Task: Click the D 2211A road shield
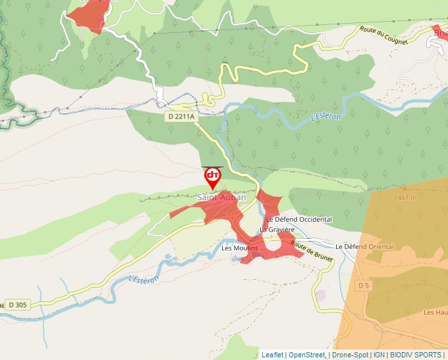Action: pyautogui.click(x=181, y=116)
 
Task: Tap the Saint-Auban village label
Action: pyautogui.click(x=221, y=197)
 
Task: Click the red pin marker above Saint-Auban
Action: pyautogui.click(x=213, y=176)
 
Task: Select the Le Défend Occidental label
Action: pyautogui.click(x=298, y=219)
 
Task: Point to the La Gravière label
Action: pyautogui.click(x=275, y=230)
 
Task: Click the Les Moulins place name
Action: pyautogui.click(x=240, y=248)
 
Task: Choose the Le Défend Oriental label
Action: pyautogui.click(x=364, y=247)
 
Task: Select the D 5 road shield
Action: pyautogui.click(x=364, y=286)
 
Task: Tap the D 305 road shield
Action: pyautogui.click(x=17, y=305)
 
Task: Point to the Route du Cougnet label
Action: pyautogui.click(x=383, y=36)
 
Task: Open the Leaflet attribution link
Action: pyautogui.click(x=272, y=355)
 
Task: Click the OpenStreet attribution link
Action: pyautogui.click(x=306, y=355)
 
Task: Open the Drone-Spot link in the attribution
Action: pyautogui.click(x=350, y=355)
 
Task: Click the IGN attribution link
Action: pyautogui.click(x=379, y=355)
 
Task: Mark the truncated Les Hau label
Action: pyautogui.click(x=435, y=312)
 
